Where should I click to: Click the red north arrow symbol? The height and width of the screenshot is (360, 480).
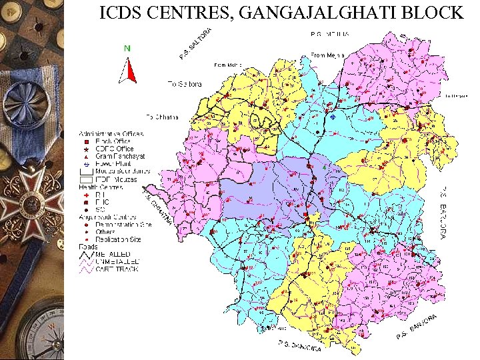click(131, 70)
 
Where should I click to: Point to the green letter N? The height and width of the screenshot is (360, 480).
click(127, 48)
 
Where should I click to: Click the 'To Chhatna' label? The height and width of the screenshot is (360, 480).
click(162, 117)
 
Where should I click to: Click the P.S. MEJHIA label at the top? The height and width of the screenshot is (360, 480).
click(331, 34)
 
